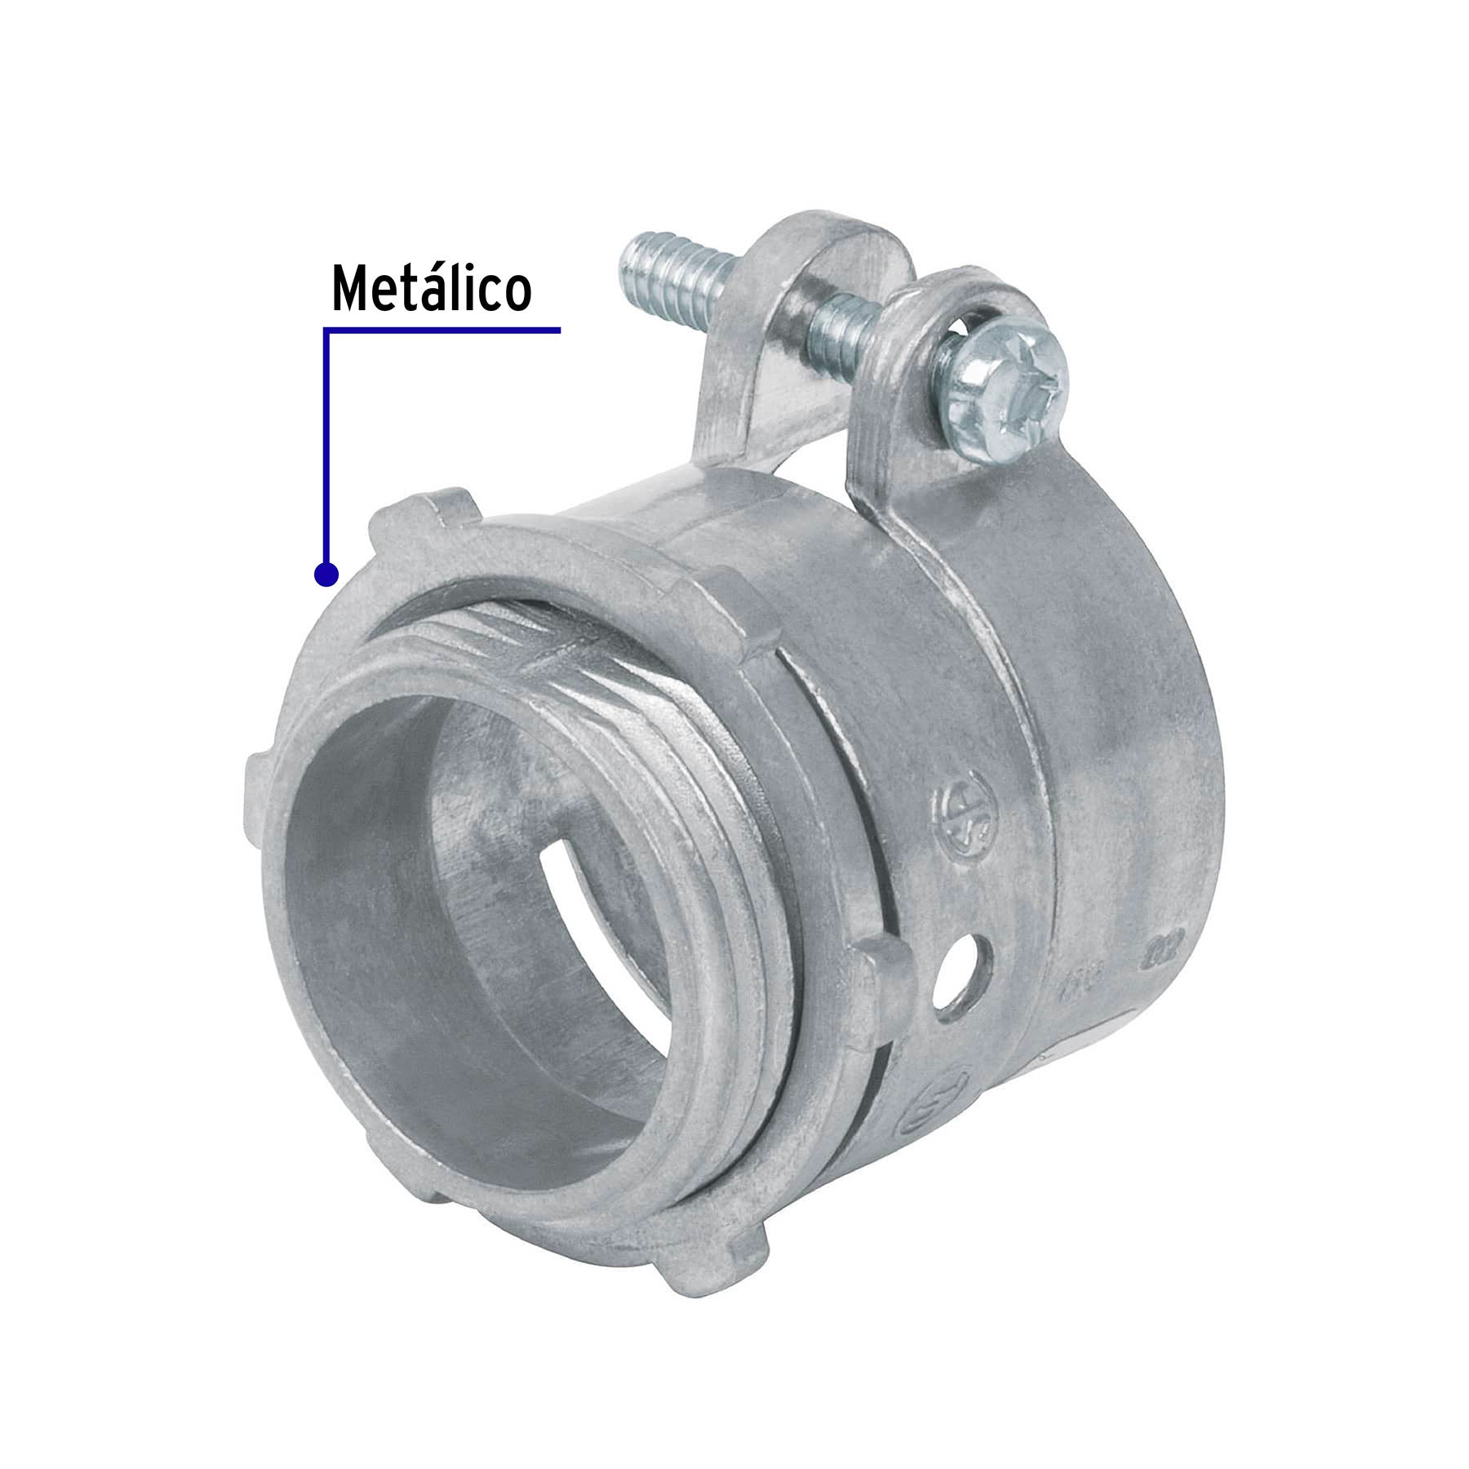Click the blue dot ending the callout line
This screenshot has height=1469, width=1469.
click(x=326, y=575)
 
